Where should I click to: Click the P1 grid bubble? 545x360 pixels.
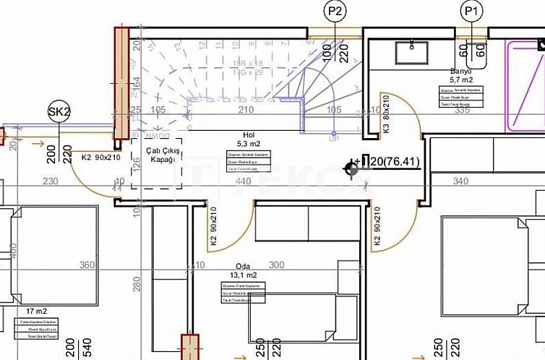(472, 11)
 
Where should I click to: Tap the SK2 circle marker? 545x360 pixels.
(59, 111)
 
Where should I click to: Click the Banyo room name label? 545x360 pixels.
(460, 72)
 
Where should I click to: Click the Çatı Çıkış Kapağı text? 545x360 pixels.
(156, 154)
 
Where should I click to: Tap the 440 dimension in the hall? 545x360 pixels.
(244, 181)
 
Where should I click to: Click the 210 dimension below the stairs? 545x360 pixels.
(246, 110)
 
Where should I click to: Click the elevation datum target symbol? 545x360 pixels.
(353, 168)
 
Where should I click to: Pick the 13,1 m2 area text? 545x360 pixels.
(242, 275)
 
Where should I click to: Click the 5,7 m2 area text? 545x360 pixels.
(460, 80)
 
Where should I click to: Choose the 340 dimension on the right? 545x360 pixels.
(460, 181)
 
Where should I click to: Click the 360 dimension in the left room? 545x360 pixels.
(87, 265)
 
